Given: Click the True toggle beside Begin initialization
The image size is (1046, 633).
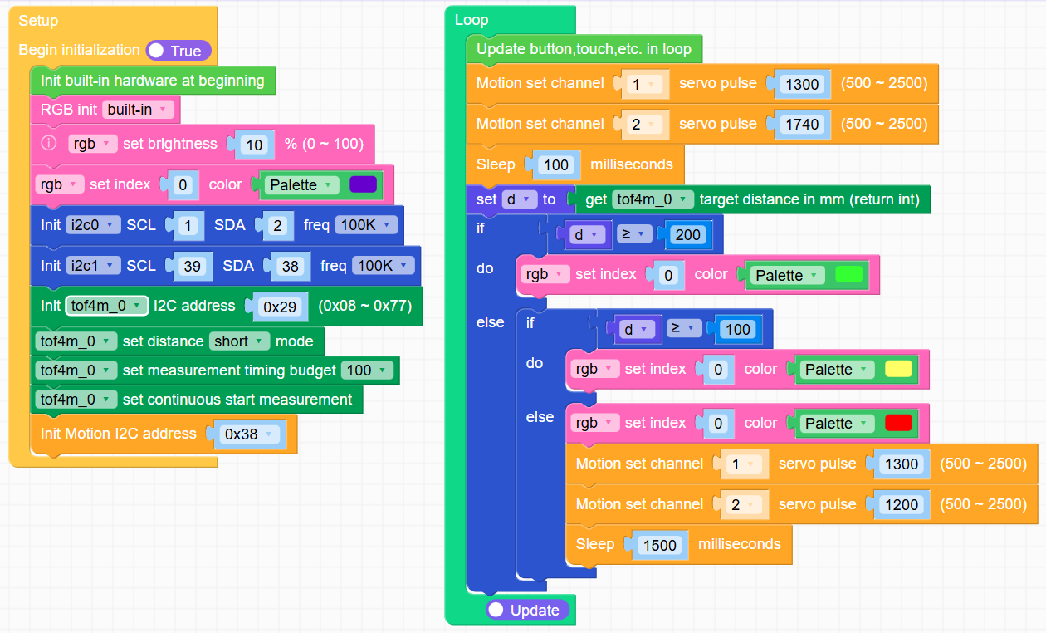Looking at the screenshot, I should point(178,51).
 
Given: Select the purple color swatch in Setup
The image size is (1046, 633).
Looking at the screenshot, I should point(364,184).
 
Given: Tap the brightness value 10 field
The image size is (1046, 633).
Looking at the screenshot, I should point(255,145).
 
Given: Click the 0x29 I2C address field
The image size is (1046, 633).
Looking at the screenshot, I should point(280,307).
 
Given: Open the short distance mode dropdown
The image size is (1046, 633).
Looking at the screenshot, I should point(240,341).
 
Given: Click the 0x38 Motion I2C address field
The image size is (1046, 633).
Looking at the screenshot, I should point(247,434).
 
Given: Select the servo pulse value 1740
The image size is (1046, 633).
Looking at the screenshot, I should point(803,125).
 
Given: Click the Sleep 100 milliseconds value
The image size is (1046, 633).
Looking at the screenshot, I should point(555,165).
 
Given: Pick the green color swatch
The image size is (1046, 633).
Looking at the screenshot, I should point(848,275).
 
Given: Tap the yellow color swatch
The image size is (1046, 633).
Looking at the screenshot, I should point(898,370).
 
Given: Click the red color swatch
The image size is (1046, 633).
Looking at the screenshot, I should point(898,424).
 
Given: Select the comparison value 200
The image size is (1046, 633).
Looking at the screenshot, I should point(687,235).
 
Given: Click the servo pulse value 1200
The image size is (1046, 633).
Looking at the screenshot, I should point(902,505).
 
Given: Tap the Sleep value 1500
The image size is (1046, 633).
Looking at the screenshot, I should point(661,546).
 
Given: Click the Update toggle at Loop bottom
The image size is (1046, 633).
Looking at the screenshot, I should point(527,611).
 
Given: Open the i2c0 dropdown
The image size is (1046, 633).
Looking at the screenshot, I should point(93,225).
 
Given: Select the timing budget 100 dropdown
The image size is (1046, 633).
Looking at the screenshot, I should point(366,370).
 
